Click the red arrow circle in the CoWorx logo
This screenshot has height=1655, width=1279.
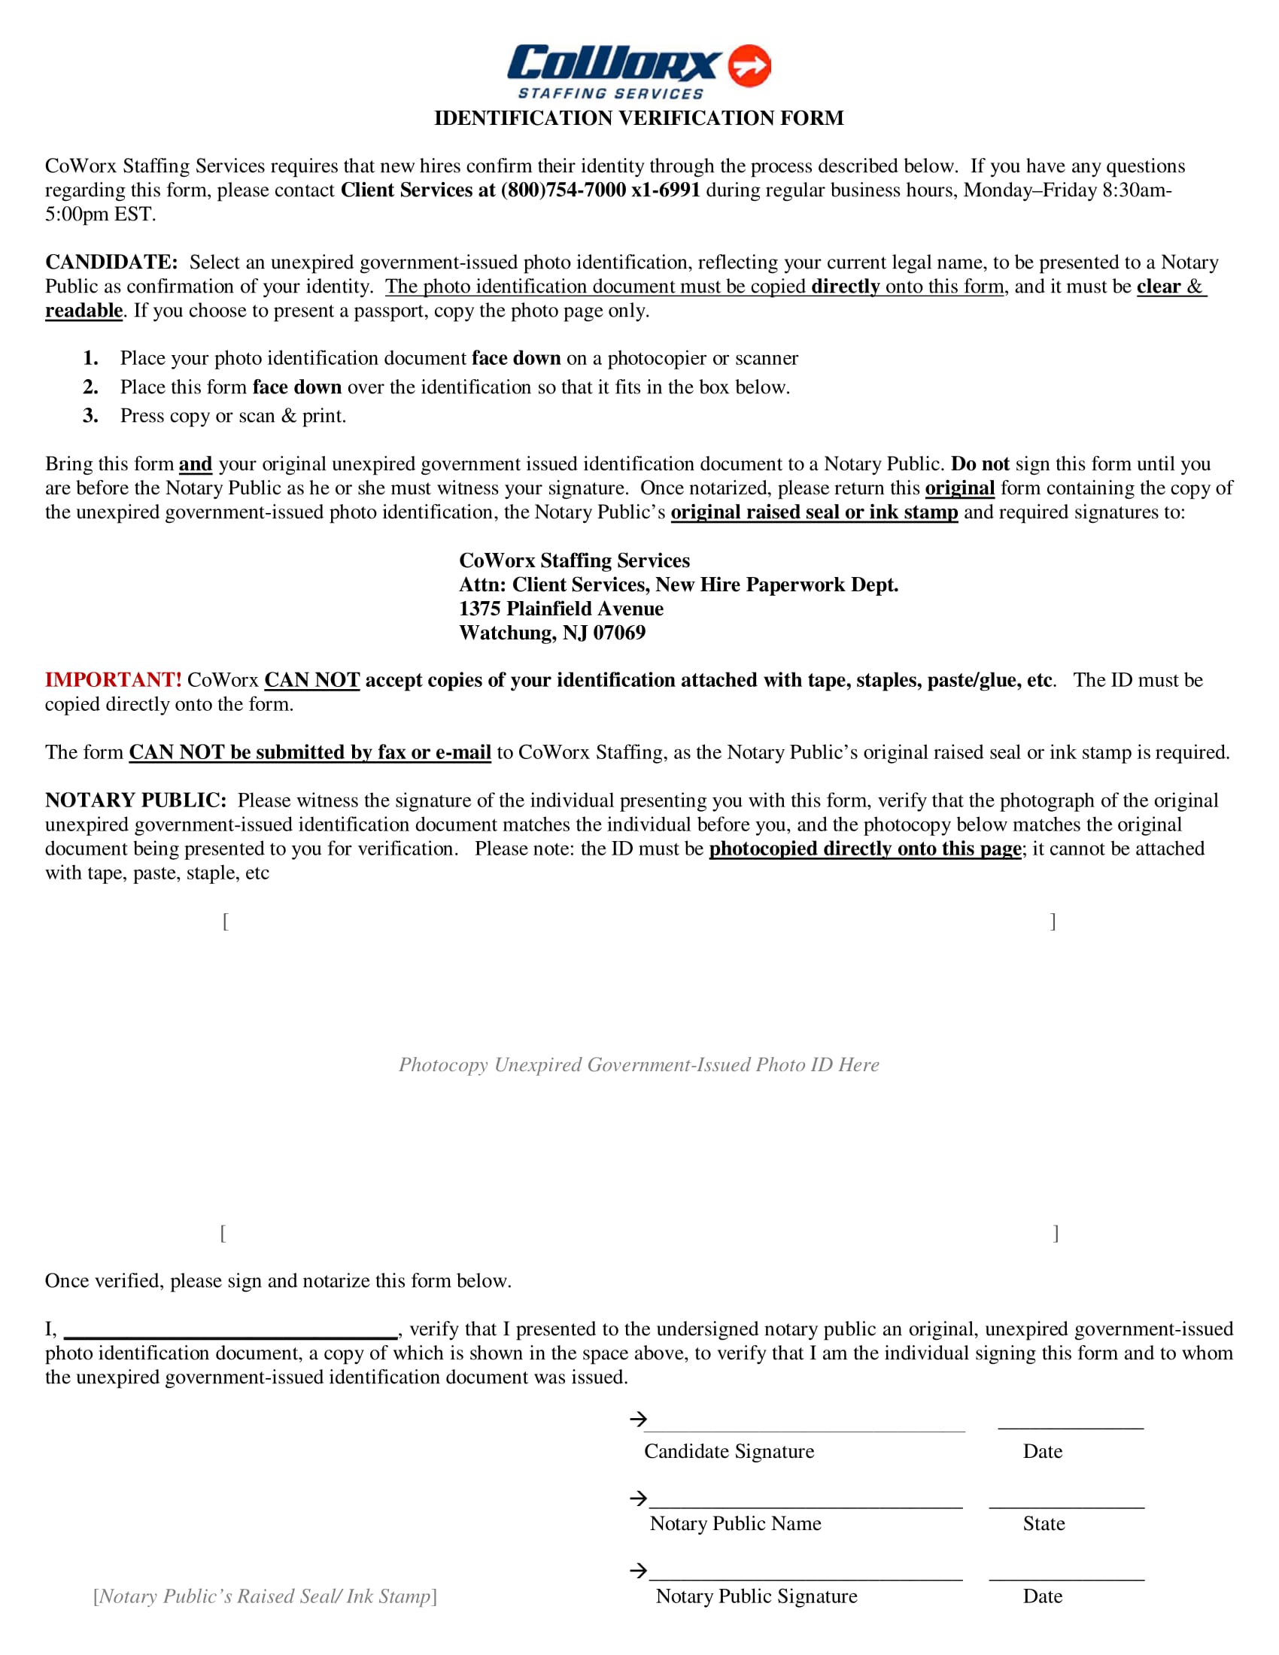click(x=749, y=65)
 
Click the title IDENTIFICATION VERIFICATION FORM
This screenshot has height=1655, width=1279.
click(x=639, y=118)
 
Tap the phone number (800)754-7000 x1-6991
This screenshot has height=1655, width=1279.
click(x=600, y=190)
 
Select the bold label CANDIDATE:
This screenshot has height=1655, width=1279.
click(x=111, y=263)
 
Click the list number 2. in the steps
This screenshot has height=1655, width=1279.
click(x=91, y=387)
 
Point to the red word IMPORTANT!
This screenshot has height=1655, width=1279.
click(x=113, y=680)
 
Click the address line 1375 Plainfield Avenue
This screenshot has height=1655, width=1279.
click(x=561, y=609)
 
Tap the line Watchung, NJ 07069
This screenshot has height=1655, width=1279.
click(x=551, y=633)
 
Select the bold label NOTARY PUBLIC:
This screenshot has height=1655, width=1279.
click(x=135, y=800)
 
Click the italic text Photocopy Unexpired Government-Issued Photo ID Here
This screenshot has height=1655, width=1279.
click(x=639, y=1064)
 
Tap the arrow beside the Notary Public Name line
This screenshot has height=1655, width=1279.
click(x=638, y=1498)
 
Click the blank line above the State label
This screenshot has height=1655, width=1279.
click(x=1066, y=1504)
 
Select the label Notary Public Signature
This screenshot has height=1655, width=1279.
click(x=756, y=1596)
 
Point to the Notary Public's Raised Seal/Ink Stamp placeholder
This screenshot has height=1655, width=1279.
click(x=264, y=1596)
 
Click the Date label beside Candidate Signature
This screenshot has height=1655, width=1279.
click(x=1042, y=1451)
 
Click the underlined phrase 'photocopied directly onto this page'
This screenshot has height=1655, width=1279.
click(x=864, y=849)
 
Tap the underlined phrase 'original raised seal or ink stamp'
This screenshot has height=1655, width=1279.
click(x=814, y=512)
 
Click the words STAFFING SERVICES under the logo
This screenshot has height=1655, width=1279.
click(x=611, y=94)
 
